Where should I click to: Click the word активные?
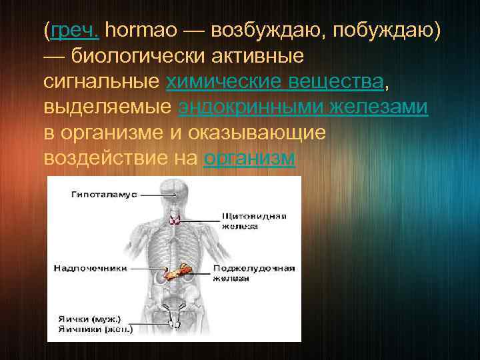(256, 56)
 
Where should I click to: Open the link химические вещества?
(275, 82)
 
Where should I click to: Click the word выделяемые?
(108, 107)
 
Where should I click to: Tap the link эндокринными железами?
(303, 107)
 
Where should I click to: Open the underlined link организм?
(249, 159)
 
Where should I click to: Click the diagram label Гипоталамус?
(103, 194)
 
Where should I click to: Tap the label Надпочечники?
(91, 268)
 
